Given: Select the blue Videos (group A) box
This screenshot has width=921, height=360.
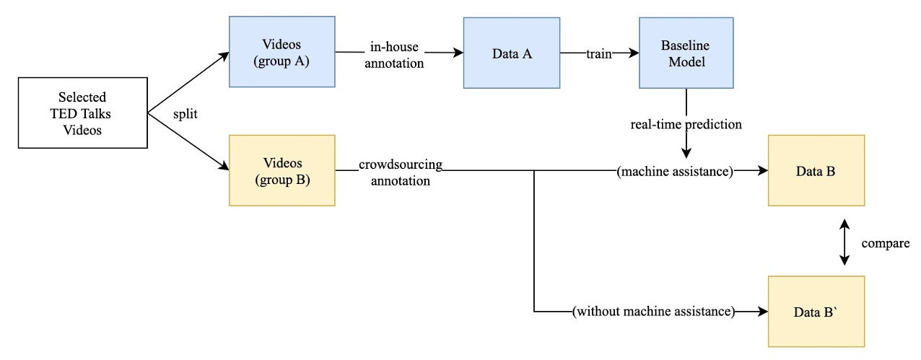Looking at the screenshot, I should [x=281, y=53].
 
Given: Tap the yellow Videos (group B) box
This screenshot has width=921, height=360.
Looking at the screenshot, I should [x=281, y=170].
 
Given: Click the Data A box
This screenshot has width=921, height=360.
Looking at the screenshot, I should [x=512, y=53].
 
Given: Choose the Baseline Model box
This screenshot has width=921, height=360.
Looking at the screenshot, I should [x=685, y=53].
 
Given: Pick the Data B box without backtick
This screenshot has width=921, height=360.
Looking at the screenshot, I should [x=816, y=170].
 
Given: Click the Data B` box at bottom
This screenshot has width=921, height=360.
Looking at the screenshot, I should [x=816, y=312].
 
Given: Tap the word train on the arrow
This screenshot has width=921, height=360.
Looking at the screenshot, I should [x=600, y=53].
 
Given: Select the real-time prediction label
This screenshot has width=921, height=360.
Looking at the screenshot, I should [x=685, y=124].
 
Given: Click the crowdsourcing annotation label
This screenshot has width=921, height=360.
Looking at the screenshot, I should [x=401, y=173].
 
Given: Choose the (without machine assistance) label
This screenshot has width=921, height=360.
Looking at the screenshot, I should [x=652, y=312].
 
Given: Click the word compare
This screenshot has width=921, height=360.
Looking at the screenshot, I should [x=885, y=243].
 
